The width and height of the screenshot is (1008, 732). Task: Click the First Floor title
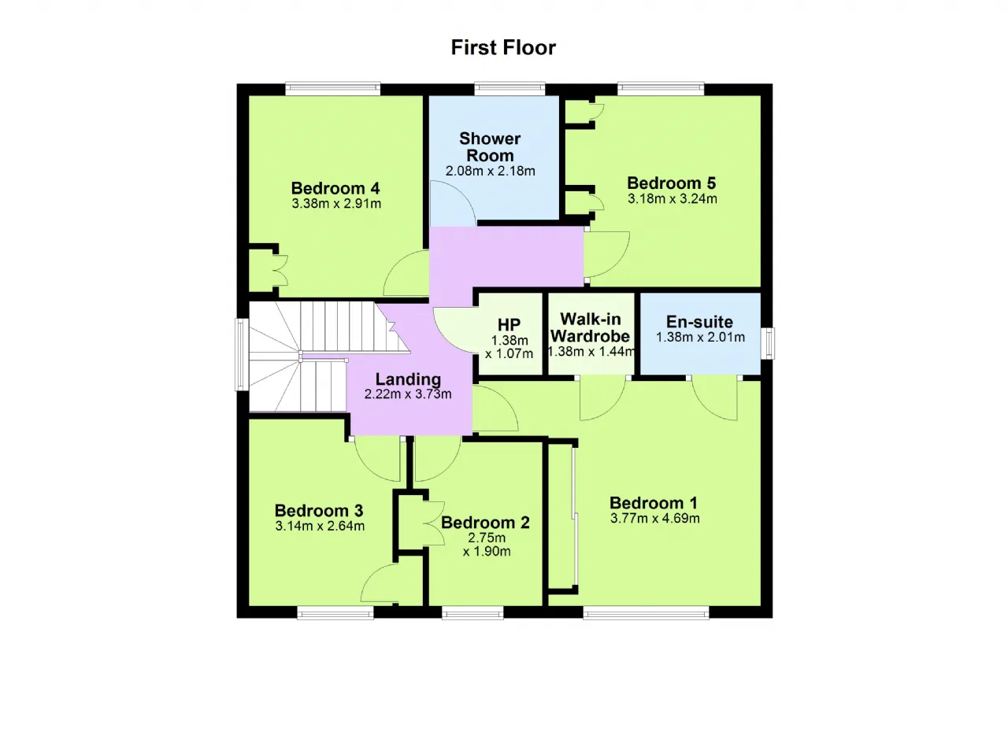503,48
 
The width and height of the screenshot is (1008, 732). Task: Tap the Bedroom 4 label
335,188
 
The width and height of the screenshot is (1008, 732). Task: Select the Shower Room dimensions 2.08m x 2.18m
490,171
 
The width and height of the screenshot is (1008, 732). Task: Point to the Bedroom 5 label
671,183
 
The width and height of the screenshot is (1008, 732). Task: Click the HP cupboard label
509,324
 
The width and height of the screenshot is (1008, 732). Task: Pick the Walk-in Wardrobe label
591,327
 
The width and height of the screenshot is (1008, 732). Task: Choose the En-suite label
699,321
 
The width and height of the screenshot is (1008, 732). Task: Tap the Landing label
408,379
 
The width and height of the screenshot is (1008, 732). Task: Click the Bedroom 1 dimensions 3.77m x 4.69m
654,519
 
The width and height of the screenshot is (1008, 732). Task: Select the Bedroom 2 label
485,523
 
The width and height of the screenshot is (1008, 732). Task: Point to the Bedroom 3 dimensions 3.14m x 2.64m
320,526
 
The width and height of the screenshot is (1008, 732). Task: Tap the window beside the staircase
242,354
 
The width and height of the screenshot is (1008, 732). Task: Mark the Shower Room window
510,89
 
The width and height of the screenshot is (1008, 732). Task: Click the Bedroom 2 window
472,612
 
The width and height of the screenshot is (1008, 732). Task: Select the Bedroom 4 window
333,89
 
